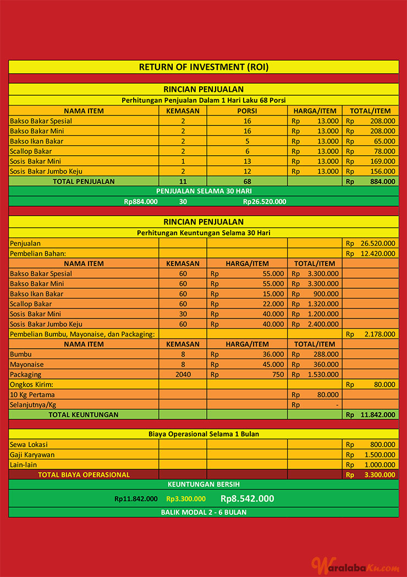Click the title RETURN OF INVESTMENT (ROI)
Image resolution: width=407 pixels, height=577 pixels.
204,67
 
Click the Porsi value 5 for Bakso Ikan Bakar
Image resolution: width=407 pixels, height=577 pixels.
247,141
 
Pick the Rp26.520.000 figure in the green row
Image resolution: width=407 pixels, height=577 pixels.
264,201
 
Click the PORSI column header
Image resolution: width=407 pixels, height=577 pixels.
247,111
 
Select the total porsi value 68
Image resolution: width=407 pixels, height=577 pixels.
247,181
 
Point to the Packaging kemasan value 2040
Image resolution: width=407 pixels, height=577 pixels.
183,374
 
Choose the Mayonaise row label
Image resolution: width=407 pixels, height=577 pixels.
28,364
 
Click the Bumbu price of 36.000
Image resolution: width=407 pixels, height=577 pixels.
273,354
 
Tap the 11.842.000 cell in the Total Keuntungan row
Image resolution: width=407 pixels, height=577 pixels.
378,415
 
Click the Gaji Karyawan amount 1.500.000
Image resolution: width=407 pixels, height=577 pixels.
380,455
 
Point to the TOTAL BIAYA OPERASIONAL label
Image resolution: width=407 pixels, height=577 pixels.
84,475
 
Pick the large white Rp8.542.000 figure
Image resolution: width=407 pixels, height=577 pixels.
247,499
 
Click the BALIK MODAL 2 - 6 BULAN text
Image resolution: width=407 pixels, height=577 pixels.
204,512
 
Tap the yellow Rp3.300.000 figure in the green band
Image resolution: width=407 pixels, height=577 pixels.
186,499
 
